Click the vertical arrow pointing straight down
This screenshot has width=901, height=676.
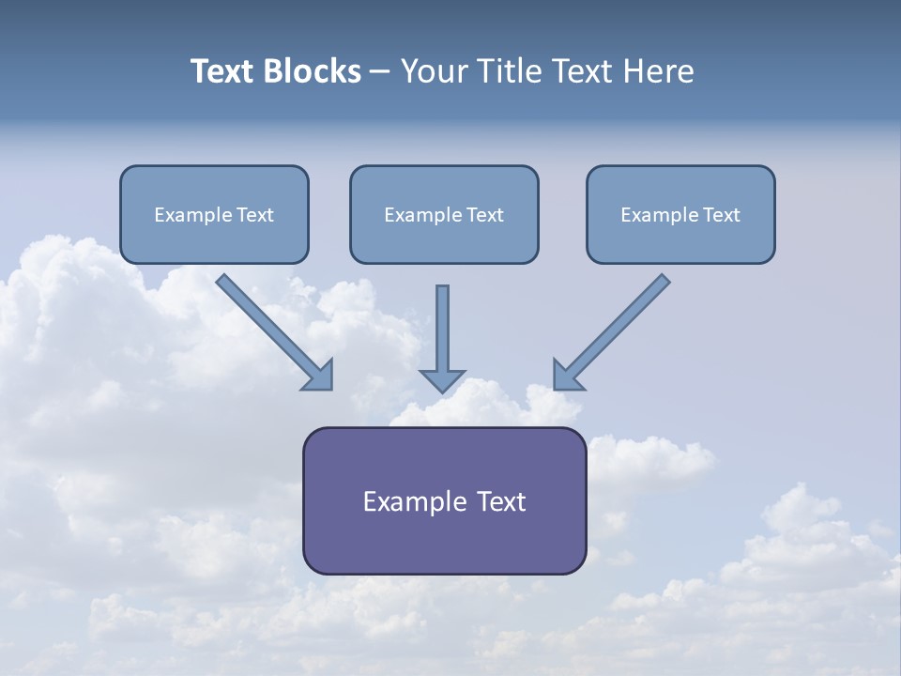tap(442, 329)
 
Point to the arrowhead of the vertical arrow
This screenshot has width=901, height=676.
tap(442, 380)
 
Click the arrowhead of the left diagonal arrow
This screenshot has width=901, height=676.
tap(320, 376)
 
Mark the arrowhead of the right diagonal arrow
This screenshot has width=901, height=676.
tap(566, 376)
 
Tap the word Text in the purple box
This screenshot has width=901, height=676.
tap(501, 501)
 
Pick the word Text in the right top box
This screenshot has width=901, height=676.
tap(721, 215)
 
